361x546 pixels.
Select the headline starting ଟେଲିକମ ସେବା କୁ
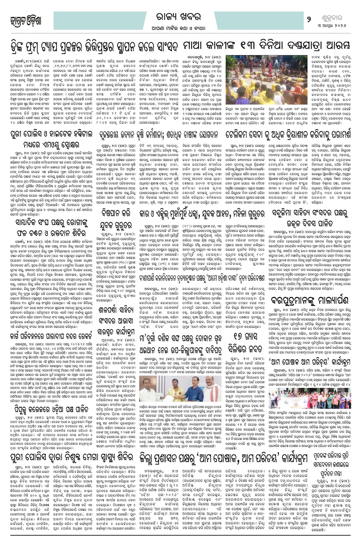pyautogui.click(x=288, y=135)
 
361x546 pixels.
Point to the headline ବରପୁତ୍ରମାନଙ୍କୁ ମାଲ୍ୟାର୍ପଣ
pyautogui.click(x=310, y=300)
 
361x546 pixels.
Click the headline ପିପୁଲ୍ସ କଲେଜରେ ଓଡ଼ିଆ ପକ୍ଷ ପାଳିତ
pyautogui.click(x=50, y=409)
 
